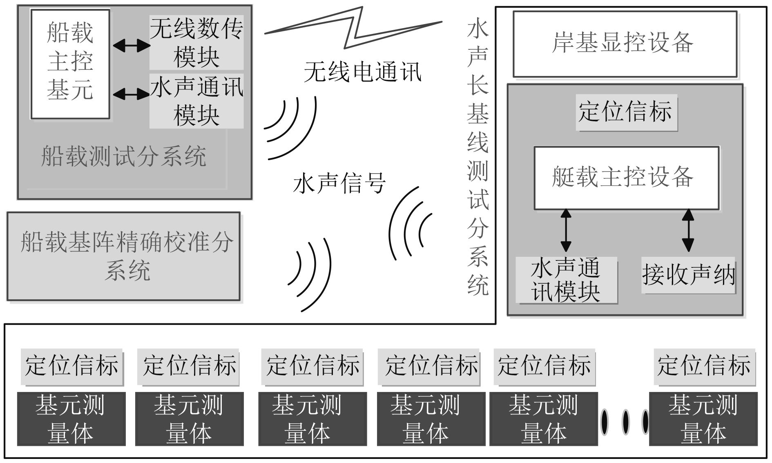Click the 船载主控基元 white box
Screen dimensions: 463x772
click(x=70, y=64)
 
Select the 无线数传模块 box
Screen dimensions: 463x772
click(x=196, y=42)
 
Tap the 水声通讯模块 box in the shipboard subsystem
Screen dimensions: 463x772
click(x=196, y=101)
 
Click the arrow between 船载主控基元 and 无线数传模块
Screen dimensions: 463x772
click(x=131, y=45)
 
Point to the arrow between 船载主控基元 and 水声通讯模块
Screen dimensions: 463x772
click(x=131, y=94)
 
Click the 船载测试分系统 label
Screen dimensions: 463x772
click(x=123, y=156)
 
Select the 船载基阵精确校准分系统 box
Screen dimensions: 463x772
click(x=123, y=256)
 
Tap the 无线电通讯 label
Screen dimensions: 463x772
click(x=362, y=72)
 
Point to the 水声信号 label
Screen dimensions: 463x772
click(x=339, y=183)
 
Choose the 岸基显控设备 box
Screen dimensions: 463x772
click(x=625, y=44)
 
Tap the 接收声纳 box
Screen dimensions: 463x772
click(x=688, y=275)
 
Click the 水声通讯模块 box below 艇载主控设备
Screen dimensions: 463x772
click(x=566, y=280)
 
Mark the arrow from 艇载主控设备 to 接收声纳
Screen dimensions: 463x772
click(x=688, y=230)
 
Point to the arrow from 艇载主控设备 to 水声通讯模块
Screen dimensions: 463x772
click(x=566, y=230)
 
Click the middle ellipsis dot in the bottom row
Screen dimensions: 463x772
click(x=625, y=422)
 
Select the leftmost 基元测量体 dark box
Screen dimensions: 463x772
click(x=71, y=419)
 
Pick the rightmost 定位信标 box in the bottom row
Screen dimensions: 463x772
click(x=704, y=366)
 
